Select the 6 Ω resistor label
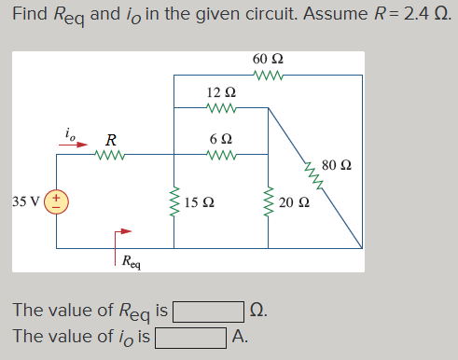click(221, 137)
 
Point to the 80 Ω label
click(335, 166)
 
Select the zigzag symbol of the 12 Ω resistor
click(221, 108)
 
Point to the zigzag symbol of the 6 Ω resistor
click(221, 153)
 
